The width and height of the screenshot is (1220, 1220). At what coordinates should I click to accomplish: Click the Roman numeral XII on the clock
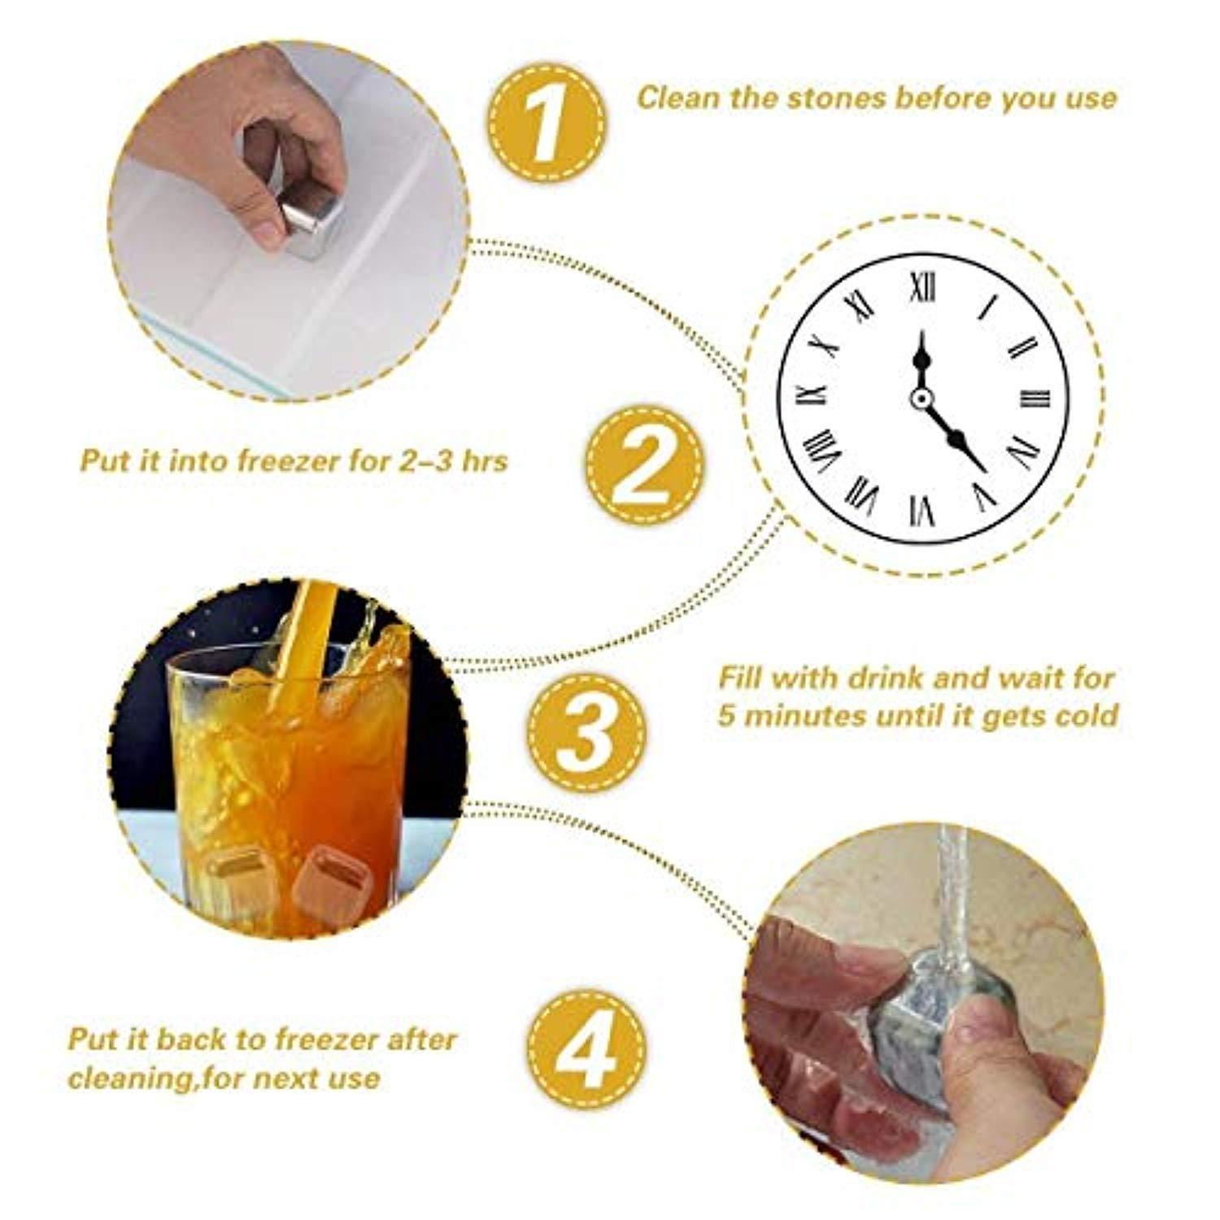[922, 288]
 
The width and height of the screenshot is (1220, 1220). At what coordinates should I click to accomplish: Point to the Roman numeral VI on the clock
[922, 511]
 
